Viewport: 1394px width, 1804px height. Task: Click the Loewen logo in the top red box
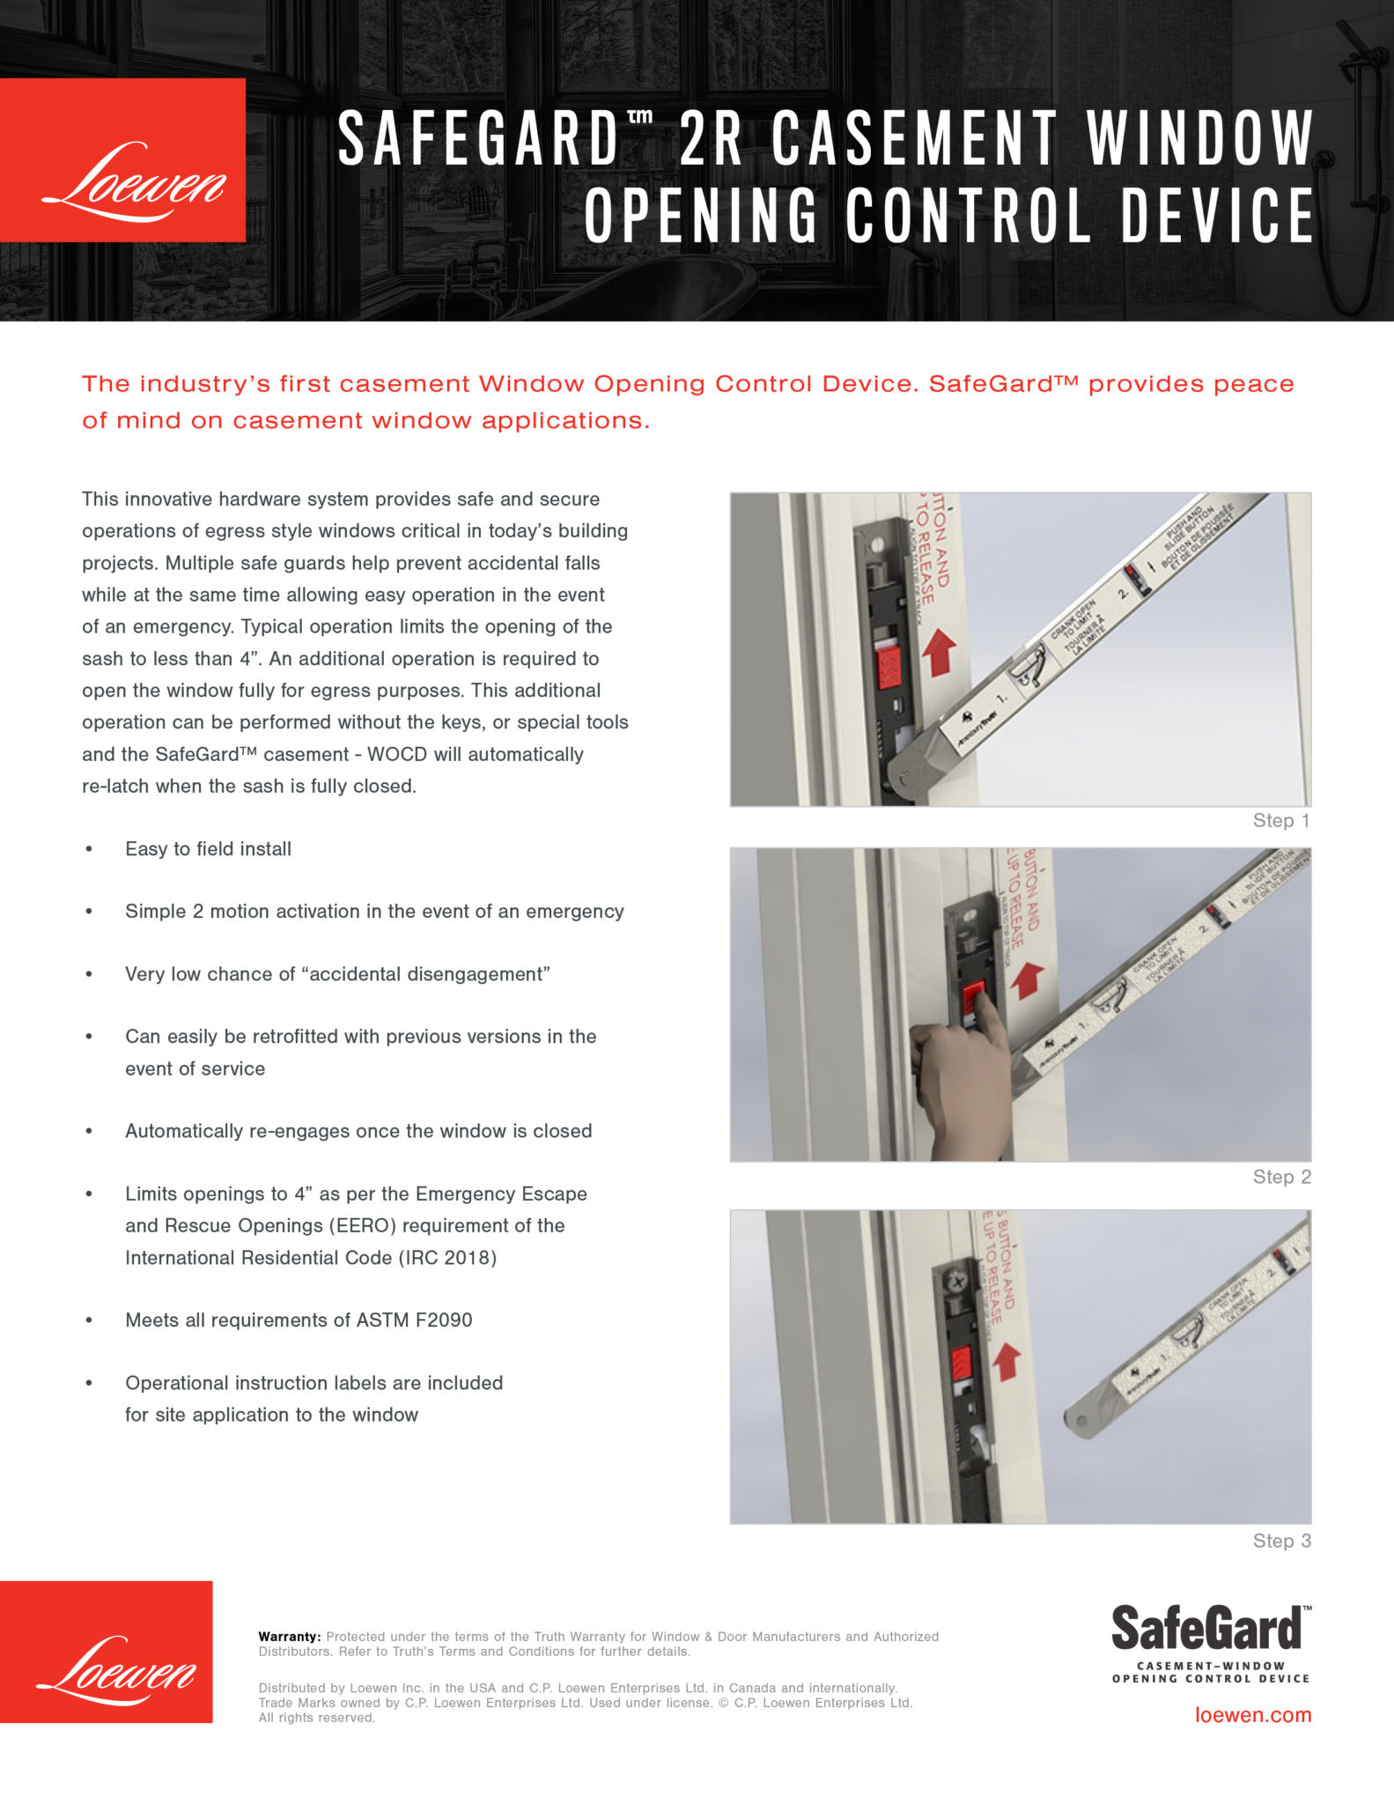coord(132,181)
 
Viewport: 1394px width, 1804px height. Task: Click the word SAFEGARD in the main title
coord(479,139)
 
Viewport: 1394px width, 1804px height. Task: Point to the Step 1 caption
coord(1280,821)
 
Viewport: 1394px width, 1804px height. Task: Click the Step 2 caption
coord(1280,1177)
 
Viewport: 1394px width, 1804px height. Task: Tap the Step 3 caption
coord(1280,1541)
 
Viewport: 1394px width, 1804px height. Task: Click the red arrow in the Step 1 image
coord(940,653)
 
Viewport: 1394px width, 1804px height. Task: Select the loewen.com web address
coord(1252,1715)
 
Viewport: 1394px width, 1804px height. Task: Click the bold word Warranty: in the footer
coord(290,1637)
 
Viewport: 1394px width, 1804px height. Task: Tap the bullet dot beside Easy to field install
coord(89,848)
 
